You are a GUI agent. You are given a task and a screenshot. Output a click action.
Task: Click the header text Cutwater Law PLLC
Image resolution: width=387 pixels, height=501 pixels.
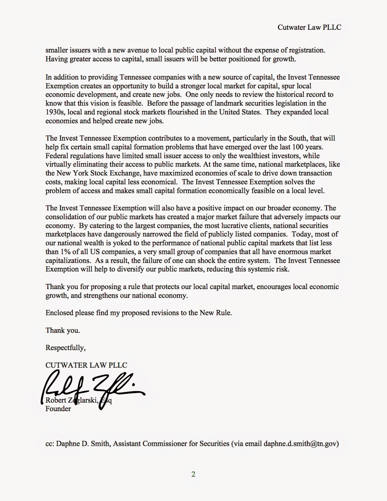[309, 27]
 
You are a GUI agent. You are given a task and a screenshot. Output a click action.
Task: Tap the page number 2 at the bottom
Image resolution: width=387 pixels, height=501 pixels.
[193, 474]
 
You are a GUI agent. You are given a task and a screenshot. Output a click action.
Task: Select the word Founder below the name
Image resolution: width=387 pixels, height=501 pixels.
[58, 409]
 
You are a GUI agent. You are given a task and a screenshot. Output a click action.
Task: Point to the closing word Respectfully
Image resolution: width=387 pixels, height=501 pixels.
[65, 348]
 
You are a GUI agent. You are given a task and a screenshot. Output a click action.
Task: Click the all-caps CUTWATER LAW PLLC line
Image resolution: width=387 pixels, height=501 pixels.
[86, 365]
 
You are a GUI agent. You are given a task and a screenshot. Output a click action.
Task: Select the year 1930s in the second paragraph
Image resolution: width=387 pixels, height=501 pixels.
[55, 112]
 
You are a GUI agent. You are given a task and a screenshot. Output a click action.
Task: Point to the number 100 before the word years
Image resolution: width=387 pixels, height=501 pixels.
[298, 147]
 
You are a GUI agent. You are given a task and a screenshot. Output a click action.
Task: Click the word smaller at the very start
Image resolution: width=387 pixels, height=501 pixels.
[57, 50]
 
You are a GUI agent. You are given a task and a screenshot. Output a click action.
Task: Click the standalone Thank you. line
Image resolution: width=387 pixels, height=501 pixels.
[63, 330]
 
